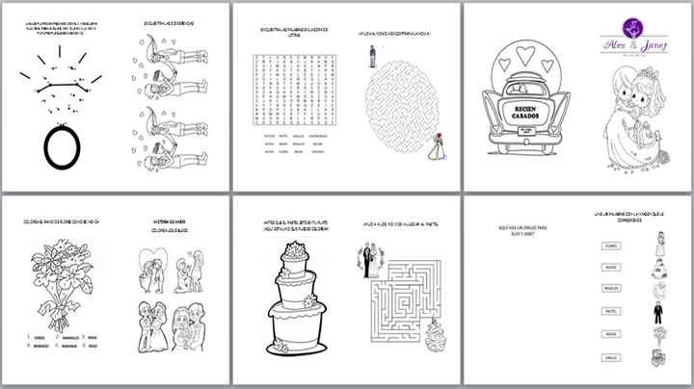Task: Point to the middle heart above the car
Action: [526, 55]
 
